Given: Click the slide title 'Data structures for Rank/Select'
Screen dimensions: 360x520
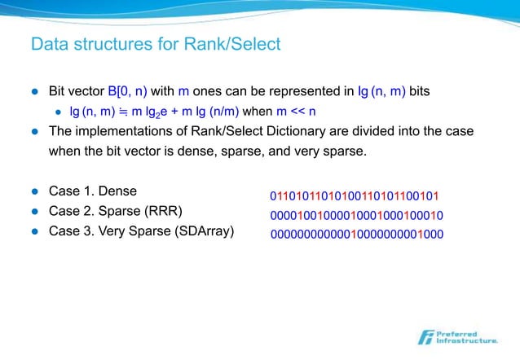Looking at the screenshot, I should [x=155, y=44].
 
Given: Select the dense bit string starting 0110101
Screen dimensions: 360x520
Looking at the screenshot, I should [x=355, y=196].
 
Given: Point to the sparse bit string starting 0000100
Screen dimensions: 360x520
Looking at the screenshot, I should [x=356, y=215].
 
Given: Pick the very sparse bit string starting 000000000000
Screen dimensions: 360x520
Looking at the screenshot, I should [x=356, y=234].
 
